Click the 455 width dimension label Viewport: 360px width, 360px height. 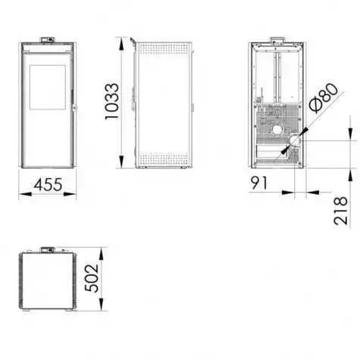[x=48, y=184]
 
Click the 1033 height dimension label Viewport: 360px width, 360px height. [x=111, y=101]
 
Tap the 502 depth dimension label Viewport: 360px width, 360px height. [x=92, y=278]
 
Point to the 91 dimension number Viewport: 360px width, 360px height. [x=259, y=183]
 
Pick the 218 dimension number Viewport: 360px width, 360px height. [x=340, y=211]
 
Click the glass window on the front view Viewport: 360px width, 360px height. [x=48, y=87]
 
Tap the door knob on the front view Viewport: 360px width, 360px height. [x=74, y=108]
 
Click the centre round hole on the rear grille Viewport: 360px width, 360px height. [x=277, y=130]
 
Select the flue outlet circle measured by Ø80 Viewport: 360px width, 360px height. [x=295, y=141]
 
